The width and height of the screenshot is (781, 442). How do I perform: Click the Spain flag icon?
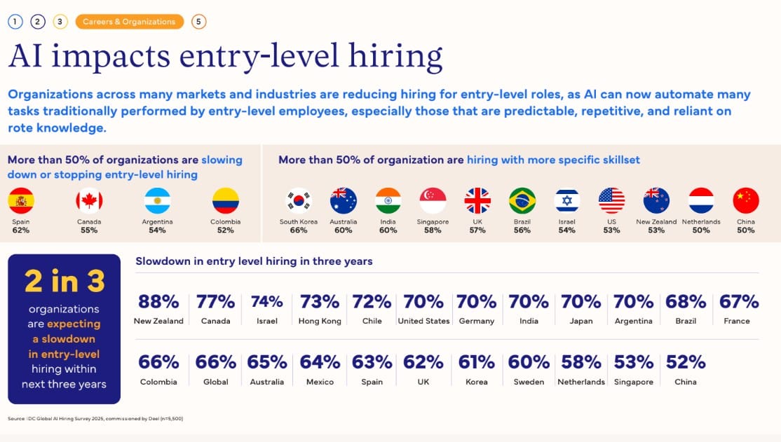21,200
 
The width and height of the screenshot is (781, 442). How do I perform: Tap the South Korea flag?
299,200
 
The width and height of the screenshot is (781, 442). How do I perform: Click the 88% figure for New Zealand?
158,302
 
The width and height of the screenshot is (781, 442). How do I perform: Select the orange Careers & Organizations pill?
130,22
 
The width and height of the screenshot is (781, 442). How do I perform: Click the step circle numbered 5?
198,22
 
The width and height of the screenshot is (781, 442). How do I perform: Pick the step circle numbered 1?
15,22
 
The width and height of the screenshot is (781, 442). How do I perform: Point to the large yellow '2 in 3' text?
64,281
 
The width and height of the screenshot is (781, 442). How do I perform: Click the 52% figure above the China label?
686,362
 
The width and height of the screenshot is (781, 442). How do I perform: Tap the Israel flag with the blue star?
567,200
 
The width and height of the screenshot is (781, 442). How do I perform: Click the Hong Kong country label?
320,321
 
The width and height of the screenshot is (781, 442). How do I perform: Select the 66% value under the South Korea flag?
299,230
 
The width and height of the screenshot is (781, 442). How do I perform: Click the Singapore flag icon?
433,200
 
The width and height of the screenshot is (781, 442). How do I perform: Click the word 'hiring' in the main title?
395,56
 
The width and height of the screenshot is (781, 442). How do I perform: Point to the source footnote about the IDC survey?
95,419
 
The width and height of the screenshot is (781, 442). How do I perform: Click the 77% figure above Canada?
215,302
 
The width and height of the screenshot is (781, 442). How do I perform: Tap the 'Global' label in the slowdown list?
216,382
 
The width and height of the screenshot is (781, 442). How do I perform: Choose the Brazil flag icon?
522,200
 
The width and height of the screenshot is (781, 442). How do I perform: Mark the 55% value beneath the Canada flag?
89,230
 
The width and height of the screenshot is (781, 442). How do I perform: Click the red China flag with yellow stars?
746,200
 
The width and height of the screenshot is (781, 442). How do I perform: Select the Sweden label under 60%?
529,382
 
